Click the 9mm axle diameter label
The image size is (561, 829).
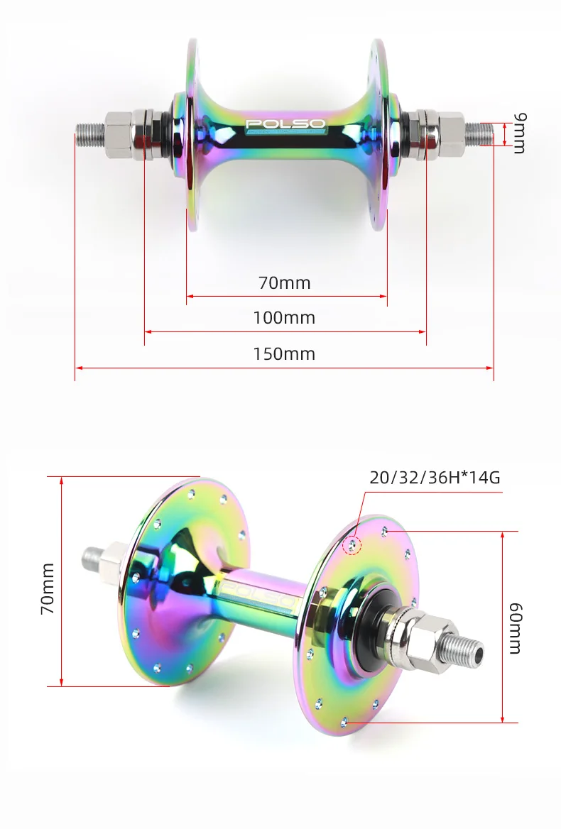point(518,133)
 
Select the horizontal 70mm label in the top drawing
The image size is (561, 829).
point(284,282)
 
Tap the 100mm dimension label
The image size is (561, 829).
point(284,318)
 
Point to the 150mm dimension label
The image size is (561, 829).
point(284,353)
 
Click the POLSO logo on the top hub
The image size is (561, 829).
point(285,125)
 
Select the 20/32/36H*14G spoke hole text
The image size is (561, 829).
point(435,476)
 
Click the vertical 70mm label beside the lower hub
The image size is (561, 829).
point(47,588)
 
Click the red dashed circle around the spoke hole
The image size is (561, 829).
point(352,545)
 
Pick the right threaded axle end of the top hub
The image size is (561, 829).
point(477,132)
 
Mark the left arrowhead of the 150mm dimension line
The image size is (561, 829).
point(77,368)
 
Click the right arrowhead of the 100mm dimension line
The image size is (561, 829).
point(423,331)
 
